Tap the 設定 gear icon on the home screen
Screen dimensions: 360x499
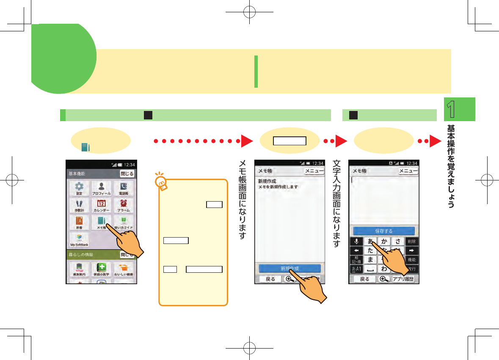pyautogui.click(x=79, y=188)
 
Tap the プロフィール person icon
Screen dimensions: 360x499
pyautogui.click(x=102, y=188)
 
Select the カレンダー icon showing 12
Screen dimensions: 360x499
pyautogui.click(x=102, y=205)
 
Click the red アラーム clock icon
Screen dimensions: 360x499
pyautogui.click(x=124, y=205)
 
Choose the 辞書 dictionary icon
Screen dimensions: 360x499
pyautogui.click(x=79, y=222)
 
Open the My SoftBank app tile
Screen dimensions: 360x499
pyautogui.click(x=79, y=239)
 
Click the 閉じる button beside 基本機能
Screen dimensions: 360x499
pyautogui.click(x=127, y=174)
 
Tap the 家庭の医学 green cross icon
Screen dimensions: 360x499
pyautogui.click(x=102, y=269)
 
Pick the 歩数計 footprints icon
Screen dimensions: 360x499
pyautogui.click(x=79, y=205)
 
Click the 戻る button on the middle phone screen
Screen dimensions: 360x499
pyautogui.click(x=270, y=279)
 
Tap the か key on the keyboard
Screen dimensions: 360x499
pyautogui.click(x=384, y=241)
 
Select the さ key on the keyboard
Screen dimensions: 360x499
pyautogui.click(x=397, y=241)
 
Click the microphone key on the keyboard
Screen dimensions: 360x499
pyautogui.click(x=356, y=241)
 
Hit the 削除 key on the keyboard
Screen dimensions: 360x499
pyautogui.click(x=411, y=241)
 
